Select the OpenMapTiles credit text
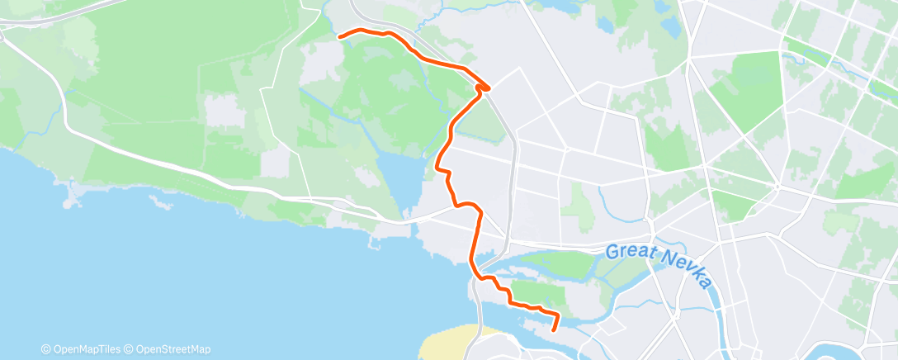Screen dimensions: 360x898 point(86,349)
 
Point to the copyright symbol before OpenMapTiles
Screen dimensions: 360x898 point(48,349)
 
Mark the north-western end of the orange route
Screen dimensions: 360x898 point(339,36)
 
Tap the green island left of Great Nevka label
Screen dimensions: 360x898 point(561,265)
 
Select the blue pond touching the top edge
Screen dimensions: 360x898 point(570,7)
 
